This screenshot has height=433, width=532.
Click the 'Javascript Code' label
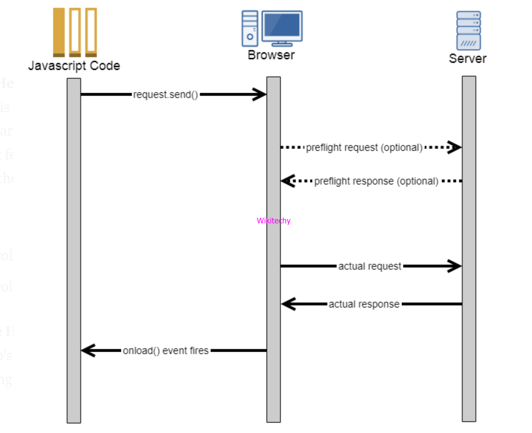[74, 66]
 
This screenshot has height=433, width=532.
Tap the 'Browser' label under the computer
[271, 55]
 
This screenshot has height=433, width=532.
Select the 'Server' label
[467, 59]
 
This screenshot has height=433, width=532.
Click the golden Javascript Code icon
[75, 32]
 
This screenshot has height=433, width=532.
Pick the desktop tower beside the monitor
[250, 28]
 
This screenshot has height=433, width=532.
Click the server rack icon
[468, 30]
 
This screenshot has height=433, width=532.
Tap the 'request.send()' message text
[166, 95]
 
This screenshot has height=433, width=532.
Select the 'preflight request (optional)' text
[364, 147]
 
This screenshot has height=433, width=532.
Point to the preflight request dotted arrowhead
[454, 147]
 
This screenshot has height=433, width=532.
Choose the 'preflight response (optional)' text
[376, 181]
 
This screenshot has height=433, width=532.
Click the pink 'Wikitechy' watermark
[274, 221]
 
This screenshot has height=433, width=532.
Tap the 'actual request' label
[370, 266]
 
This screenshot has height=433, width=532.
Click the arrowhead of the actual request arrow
[454, 266]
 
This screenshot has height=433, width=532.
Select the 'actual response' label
[364, 304]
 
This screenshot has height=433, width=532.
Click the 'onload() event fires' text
[166, 351]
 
